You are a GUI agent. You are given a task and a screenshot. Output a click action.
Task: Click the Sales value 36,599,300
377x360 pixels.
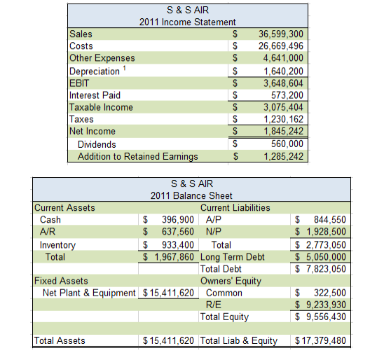click(x=281, y=34)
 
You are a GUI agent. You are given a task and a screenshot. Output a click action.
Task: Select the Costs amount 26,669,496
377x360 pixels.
click(x=281, y=46)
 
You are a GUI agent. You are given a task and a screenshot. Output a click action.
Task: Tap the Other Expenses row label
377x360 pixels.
click(x=102, y=58)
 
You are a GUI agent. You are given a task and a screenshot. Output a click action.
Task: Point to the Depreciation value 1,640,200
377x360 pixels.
click(x=284, y=71)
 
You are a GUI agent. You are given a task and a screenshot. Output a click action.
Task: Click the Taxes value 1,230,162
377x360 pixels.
click(x=284, y=119)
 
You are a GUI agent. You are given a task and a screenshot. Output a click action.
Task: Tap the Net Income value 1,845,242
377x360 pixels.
click(x=284, y=131)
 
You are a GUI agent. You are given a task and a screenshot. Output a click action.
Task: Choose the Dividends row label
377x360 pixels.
click(x=97, y=144)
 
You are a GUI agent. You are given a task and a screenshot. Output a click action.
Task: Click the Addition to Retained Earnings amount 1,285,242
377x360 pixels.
click(x=284, y=156)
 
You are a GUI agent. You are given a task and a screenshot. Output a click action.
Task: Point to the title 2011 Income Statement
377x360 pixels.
click(x=188, y=22)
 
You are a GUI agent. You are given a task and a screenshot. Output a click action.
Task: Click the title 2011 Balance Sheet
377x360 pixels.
click(x=191, y=195)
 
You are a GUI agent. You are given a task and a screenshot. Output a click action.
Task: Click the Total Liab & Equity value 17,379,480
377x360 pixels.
click(x=320, y=341)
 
